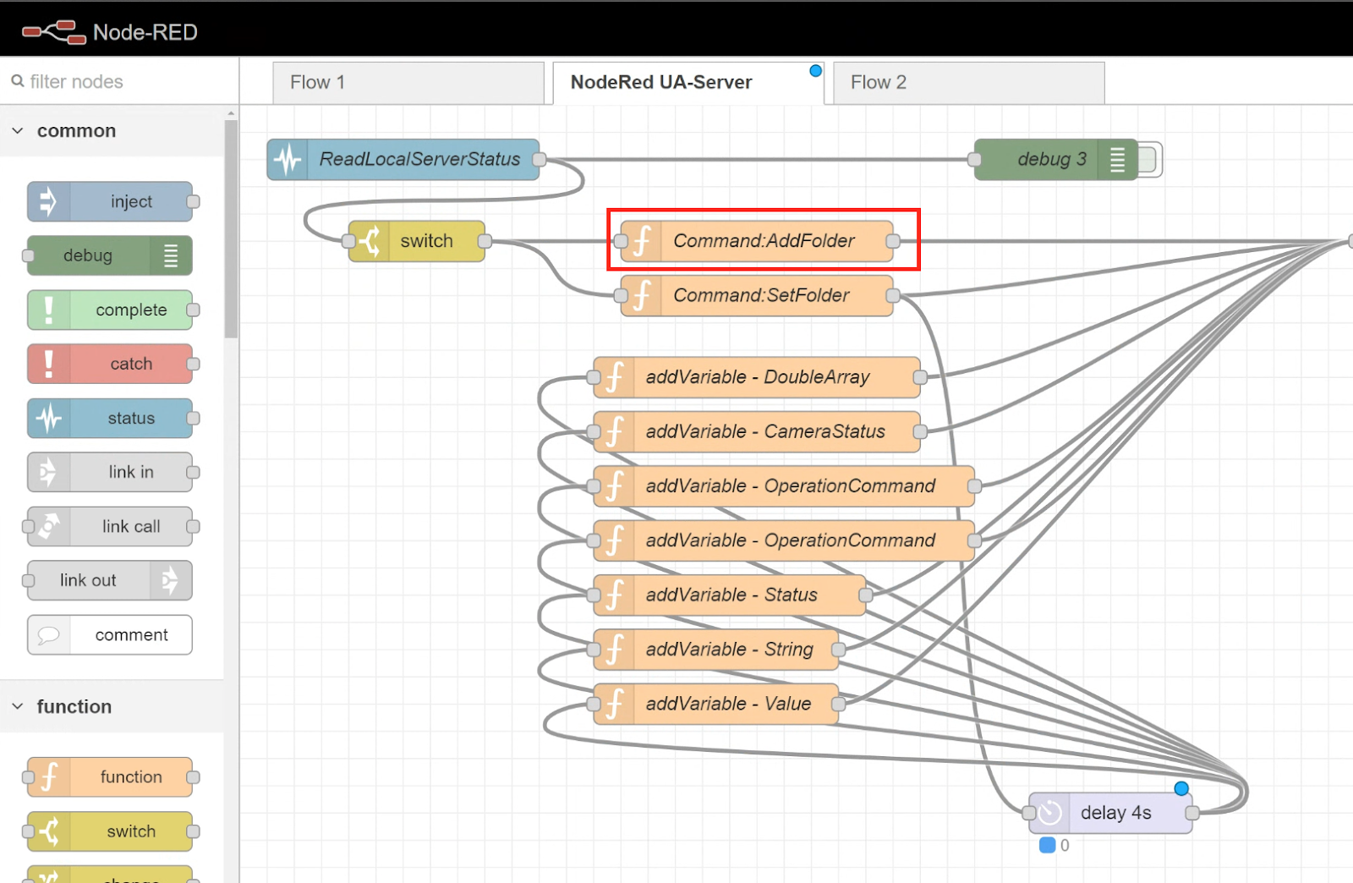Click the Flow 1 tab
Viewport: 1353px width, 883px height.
[x=408, y=82]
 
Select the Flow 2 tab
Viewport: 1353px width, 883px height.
[x=969, y=82]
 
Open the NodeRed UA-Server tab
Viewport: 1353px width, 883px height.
[x=688, y=82]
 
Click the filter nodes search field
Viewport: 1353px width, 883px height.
[x=121, y=81]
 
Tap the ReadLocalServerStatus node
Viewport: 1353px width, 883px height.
[x=403, y=160]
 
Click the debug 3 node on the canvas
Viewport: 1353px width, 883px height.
[x=1056, y=160]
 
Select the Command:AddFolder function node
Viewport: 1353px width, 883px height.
[x=757, y=241]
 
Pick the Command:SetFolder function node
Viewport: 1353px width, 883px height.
[x=757, y=295]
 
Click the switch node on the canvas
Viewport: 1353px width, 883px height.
[x=417, y=241]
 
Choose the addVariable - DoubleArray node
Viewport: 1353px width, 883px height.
[x=757, y=377]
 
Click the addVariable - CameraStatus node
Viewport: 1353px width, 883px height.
[x=757, y=431]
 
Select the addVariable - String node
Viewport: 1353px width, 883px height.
[x=715, y=650]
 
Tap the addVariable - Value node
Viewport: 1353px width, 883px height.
[x=715, y=704]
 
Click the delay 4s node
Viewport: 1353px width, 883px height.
[x=1110, y=813]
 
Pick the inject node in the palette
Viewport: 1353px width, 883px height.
[x=110, y=202]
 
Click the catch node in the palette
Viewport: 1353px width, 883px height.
[x=110, y=364]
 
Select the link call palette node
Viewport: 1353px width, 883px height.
[x=110, y=526]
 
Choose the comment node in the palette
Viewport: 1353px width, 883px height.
[x=110, y=635]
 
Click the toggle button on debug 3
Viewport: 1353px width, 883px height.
[x=1149, y=160]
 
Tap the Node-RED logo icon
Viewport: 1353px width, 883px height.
[x=54, y=32]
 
